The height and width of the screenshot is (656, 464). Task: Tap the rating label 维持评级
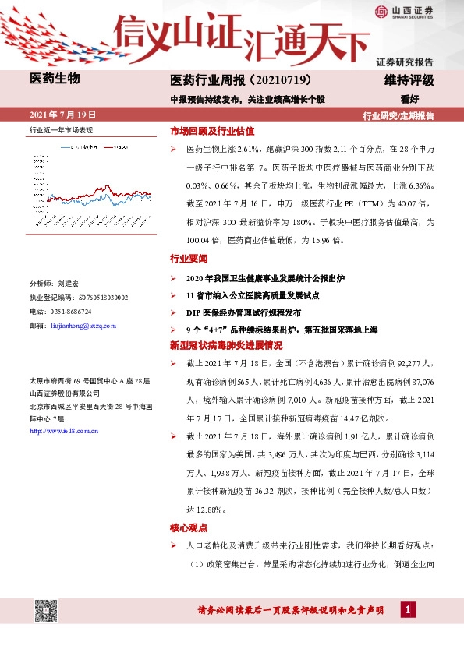point(409,80)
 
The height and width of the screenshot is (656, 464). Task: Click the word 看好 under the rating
point(422,99)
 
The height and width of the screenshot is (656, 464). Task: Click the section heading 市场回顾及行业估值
point(207,131)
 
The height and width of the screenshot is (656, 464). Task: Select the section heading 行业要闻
point(189,258)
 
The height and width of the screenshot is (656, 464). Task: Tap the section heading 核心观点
point(189,527)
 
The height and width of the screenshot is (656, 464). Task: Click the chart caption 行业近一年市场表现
point(61,130)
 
